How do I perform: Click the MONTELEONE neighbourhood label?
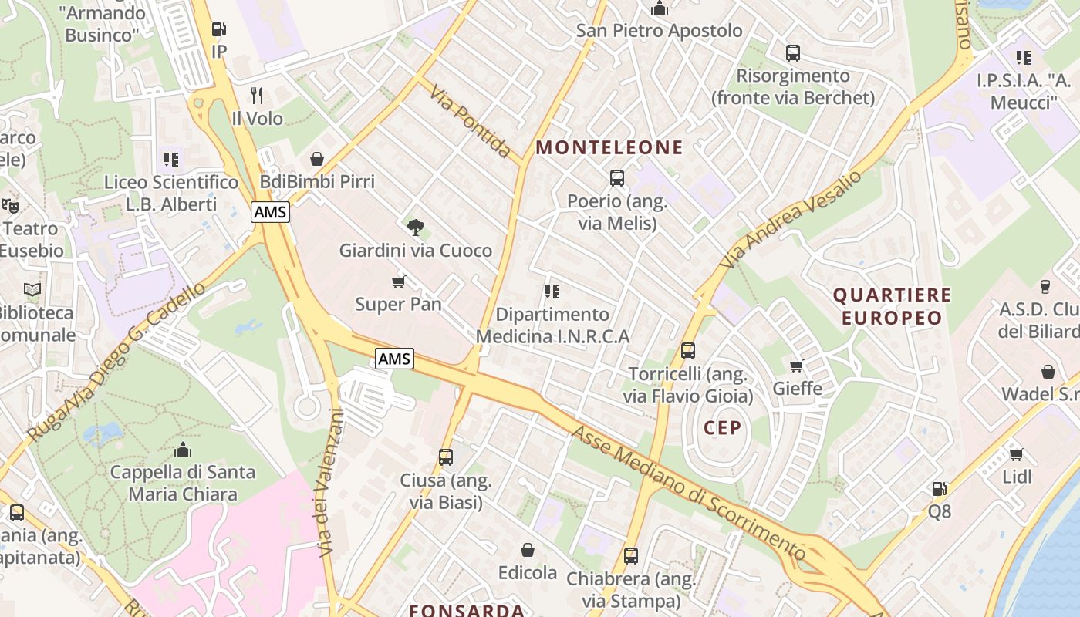609,147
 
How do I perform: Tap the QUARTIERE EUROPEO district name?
892,306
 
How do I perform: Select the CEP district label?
722,427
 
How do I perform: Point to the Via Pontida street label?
471,122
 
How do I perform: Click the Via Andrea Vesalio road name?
791,220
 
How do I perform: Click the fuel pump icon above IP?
219,29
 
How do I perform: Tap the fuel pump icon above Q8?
939,488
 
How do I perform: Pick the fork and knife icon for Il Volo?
257,96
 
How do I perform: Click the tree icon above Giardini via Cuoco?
415,228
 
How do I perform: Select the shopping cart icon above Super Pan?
398,282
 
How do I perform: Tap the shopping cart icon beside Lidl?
1017,454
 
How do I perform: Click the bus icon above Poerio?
617,178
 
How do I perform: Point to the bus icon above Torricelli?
688,351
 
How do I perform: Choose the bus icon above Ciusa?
446,457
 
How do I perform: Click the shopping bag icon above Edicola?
528,550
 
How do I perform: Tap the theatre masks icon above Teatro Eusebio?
10,206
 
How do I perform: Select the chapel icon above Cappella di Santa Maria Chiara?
183,449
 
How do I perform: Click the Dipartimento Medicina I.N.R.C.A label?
552,325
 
